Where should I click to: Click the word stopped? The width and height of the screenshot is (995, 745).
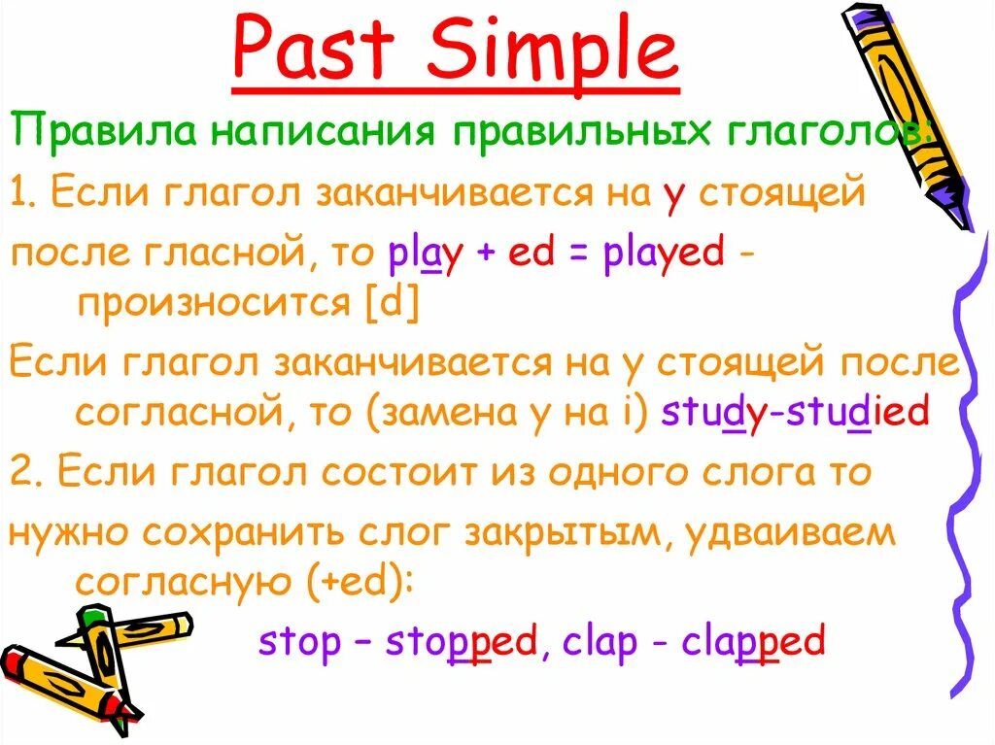[462, 642]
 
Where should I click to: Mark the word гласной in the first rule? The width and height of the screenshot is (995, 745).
[205, 254]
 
